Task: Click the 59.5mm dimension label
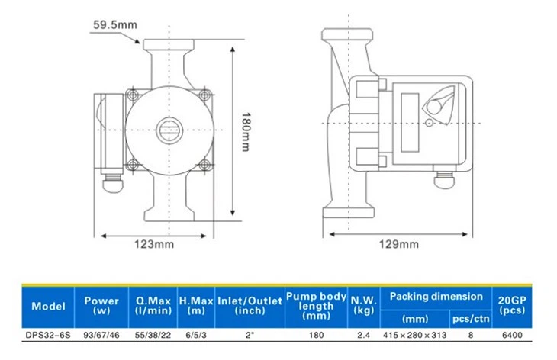(115, 24)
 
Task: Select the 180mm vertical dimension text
(244, 127)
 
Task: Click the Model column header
(48, 307)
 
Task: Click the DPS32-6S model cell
(48, 334)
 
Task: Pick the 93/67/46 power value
(101, 334)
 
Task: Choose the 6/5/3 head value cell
(195, 334)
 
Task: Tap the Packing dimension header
(436, 297)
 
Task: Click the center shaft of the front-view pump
(169, 128)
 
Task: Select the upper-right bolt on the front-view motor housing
(204, 95)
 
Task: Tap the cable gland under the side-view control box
(443, 178)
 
